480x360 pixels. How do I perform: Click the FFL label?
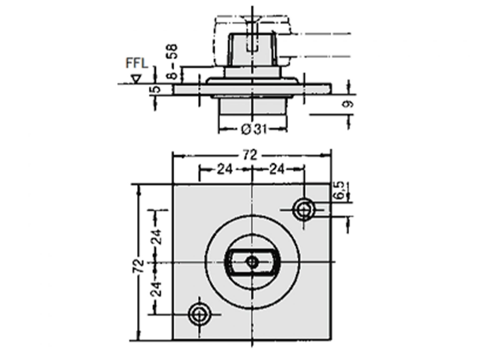pyautogui.click(x=136, y=63)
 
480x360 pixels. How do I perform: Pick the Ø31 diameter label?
pyautogui.click(x=254, y=129)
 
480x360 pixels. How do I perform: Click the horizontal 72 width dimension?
pyautogui.click(x=251, y=155)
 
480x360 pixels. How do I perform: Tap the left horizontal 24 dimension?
pyautogui.click(x=225, y=170)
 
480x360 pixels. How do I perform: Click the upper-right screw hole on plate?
pyautogui.click(x=303, y=210)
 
